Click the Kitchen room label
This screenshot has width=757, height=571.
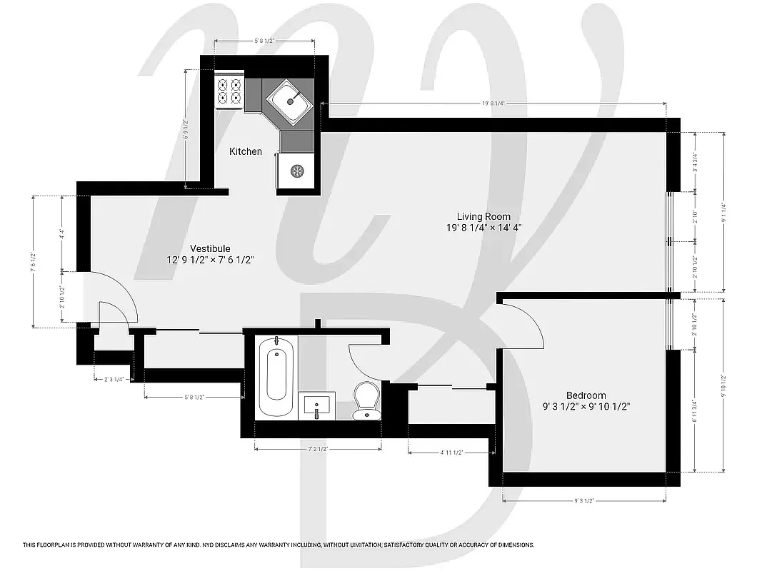(x=245, y=151)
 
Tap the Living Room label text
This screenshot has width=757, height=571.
(x=483, y=216)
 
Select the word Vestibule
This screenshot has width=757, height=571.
(x=210, y=248)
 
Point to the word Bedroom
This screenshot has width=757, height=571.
(x=586, y=395)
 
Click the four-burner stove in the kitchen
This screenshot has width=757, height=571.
(x=230, y=92)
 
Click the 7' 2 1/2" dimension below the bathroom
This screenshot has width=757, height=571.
(x=317, y=449)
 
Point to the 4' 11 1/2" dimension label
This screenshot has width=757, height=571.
(x=451, y=453)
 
